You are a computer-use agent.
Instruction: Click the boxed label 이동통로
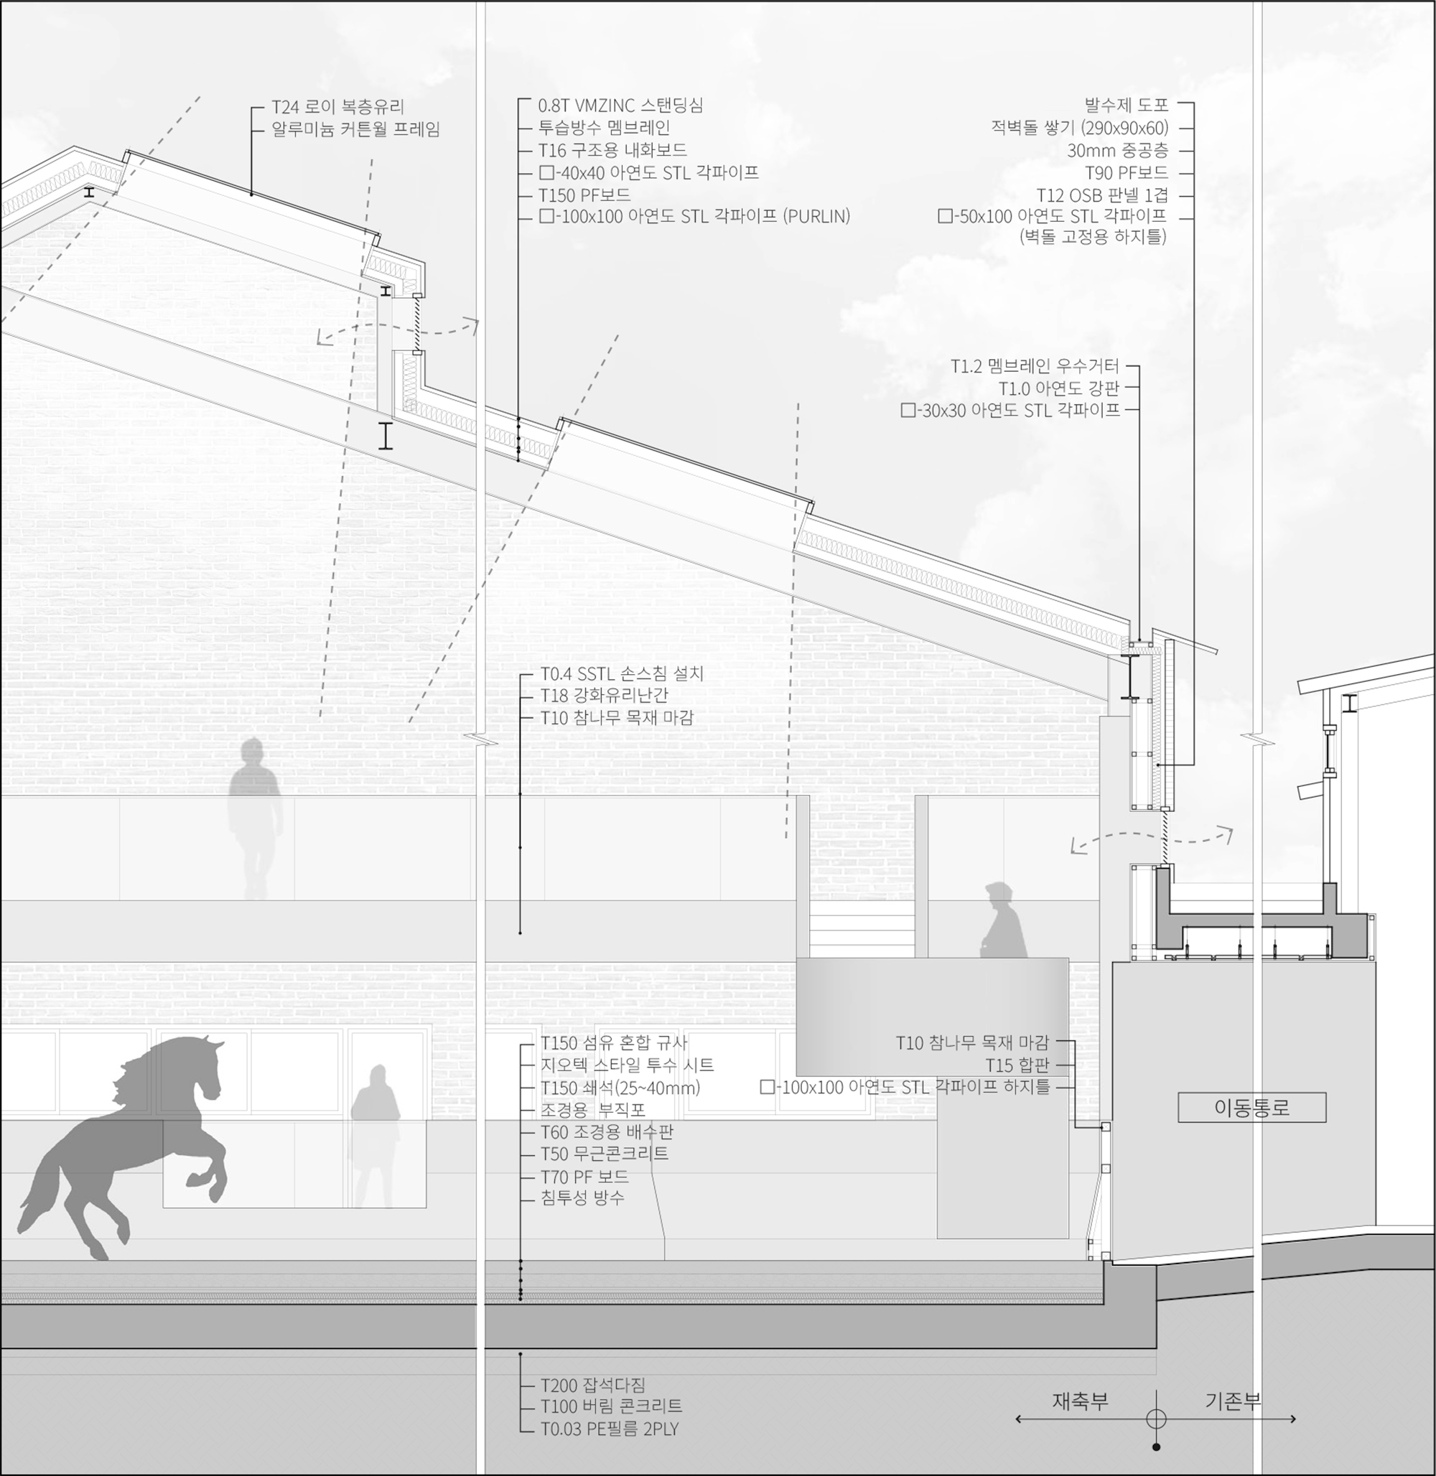(x=1252, y=1107)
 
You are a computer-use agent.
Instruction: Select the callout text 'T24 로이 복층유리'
(x=338, y=106)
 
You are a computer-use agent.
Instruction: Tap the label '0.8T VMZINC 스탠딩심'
(x=620, y=105)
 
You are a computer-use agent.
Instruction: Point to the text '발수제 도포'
(x=1126, y=105)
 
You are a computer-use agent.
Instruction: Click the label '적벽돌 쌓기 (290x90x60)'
(x=1079, y=128)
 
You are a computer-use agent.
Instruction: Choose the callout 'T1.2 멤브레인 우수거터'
(x=1035, y=367)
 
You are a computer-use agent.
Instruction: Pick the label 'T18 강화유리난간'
(x=604, y=695)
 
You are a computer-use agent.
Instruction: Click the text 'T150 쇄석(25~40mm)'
(x=620, y=1088)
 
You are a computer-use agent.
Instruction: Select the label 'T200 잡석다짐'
(x=593, y=1385)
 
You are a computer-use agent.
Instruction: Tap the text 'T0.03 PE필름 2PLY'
(x=610, y=1429)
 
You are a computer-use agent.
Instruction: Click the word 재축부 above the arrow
(x=1080, y=1401)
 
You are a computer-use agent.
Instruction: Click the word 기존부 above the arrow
(x=1233, y=1401)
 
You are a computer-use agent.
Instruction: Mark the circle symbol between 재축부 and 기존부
(x=1156, y=1419)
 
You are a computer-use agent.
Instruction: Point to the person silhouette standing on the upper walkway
(x=255, y=818)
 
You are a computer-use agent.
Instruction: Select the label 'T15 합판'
(x=1017, y=1065)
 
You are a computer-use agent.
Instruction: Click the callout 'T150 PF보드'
(x=584, y=195)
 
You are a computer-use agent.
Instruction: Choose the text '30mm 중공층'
(x=1117, y=150)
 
